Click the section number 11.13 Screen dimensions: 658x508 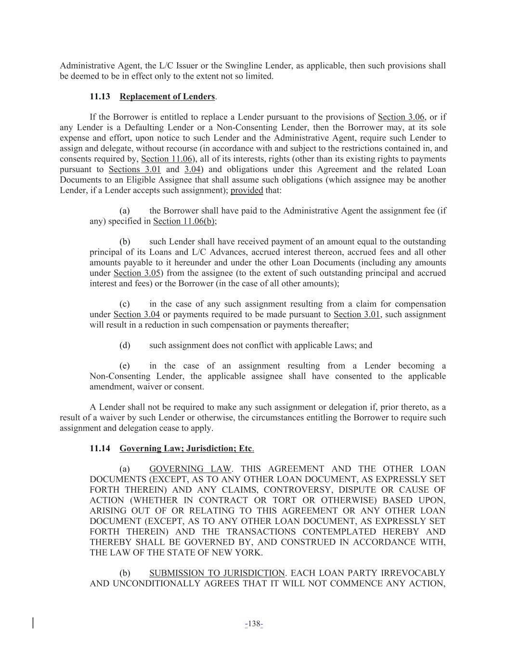point(100,96)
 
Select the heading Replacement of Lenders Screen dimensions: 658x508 point(167,96)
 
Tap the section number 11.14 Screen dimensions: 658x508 point(100,448)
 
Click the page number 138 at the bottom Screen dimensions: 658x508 point(254,624)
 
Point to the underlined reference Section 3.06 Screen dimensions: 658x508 point(401,117)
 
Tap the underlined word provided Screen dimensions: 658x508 point(247,190)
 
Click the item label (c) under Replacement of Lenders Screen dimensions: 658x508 point(125,304)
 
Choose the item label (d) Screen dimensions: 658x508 point(125,345)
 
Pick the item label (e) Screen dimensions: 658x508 point(125,366)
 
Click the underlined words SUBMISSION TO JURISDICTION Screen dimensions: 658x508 point(217,573)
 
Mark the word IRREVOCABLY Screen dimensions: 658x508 point(413,573)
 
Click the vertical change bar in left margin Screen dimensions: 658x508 point(33,623)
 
